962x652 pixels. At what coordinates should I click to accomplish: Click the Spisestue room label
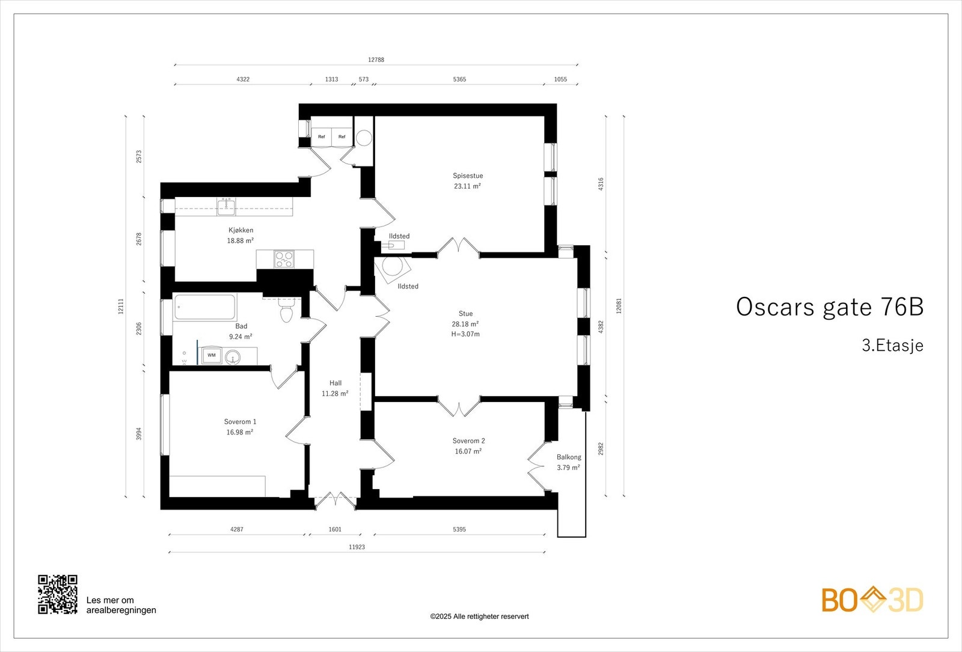click(468, 176)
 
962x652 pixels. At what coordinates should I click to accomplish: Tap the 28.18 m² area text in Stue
click(465, 324)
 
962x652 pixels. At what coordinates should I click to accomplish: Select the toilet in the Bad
click(286, 312)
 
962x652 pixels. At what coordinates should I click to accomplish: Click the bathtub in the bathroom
click(204, 307)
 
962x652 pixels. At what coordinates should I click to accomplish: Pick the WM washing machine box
click(212, 355)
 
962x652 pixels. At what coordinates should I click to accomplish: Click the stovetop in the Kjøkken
click(284, 259)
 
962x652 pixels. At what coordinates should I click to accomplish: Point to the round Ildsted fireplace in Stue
click(392, 268)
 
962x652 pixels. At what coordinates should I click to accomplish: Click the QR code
click(58, 594)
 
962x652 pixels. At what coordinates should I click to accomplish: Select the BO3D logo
click(872, 600)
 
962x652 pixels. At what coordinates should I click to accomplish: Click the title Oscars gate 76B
click(829, 306)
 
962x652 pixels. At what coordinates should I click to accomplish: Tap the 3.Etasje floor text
click(892, 346)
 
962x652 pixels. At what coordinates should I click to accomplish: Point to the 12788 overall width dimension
click(376, 59)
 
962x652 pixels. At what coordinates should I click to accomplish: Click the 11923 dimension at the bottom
click(357, 547)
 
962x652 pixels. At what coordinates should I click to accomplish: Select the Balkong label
click(569, 457)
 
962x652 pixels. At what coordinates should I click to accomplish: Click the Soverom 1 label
click(240, 422)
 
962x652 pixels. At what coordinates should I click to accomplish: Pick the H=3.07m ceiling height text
click(465, 334)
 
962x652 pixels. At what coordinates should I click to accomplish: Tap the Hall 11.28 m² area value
click(335, 394)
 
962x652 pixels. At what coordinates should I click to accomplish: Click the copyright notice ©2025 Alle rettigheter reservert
click(479, 616)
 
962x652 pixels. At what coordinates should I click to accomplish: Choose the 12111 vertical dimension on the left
click(121, 306)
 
